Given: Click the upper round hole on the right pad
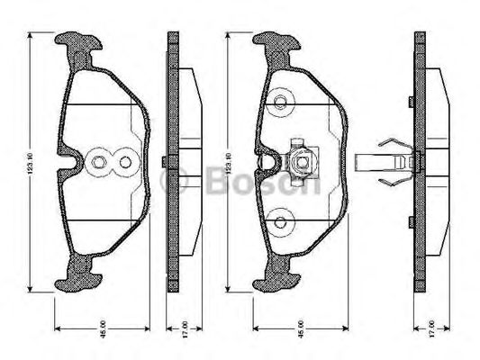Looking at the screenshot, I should click(x=280, y=102).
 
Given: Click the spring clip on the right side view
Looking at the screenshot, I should click(x=389, y=163).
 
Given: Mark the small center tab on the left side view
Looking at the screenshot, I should click(x=163, y=163).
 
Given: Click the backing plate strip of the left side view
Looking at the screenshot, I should click(x=171, y=225).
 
